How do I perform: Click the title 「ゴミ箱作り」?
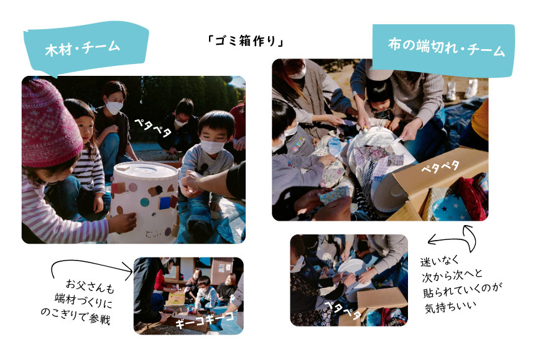pyautogui.click(x=246, y=42)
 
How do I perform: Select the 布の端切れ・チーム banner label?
pyautogui.click(x=446, y=48)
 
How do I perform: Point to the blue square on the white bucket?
pyautogui.click(x=164, y=202)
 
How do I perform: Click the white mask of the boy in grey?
pyautogui.click(x=211, y=147)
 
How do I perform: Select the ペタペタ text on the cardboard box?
pyautogui.click(x=440, y=167)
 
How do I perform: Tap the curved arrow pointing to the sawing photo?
pyautogui.click(x=90, y=262)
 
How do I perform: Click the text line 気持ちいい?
pyautogui.click(x=450, y=307)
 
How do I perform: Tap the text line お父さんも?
pyautogui.click(x=90, y=286)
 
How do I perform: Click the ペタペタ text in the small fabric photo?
pyautogui.click(x=343, y=309)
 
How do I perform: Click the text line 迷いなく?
pyautogui.click(x=440, y=261)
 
